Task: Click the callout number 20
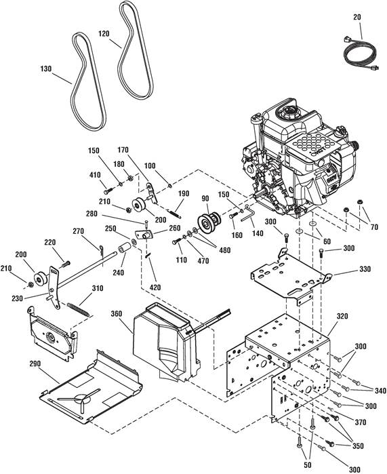tap(357, 17)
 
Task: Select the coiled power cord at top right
tap(360, 54)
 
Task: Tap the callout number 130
tap(45, 69)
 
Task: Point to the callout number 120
tap(104, 33)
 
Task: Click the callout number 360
tap(117, 314)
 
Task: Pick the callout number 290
tap(35, 363)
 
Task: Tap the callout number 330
tap(365, 269)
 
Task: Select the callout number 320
tap(342, 316)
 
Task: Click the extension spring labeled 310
tap(78, 309)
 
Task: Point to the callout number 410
tap(95, 175)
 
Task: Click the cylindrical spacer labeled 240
tap(124, 249)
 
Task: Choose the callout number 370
tap(361, 422)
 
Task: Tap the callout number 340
tap(380, 391)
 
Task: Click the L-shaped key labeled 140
tap(248, 214)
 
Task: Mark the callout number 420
tap(155, 288)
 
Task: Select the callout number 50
tap(308, 465)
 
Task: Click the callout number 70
tap(374, 226)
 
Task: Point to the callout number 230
tap(17, 298)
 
